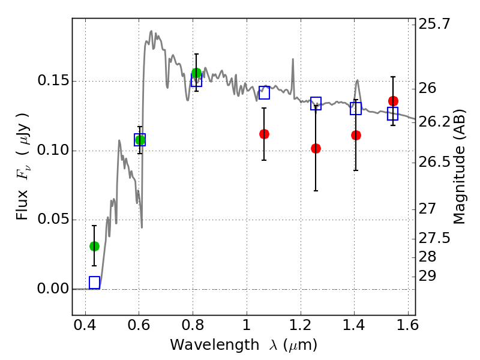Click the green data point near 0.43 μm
click(94, 246)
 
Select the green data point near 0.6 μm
click(140, 140)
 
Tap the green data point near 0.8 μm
click(196, 73)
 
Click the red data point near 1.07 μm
click(264, 134)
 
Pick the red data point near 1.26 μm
click(316, 148)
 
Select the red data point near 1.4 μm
click(356, 135)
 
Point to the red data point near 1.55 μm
click(393, 101)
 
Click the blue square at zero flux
click(94, 283)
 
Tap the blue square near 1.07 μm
click(264, 92)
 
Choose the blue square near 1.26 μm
click(316, 103)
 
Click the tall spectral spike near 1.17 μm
click(293, 60)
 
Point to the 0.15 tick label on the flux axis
click(53, 81)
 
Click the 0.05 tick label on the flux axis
click(53, 220)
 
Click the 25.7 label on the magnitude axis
click(436, 25)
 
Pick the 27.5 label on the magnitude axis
click(436, 239)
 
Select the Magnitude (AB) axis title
click(460, 166)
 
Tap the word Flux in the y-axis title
click(22, 206)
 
